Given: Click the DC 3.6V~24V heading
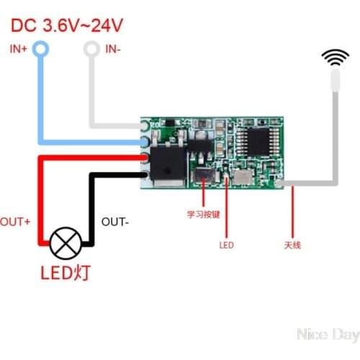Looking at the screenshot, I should tap(66, 26).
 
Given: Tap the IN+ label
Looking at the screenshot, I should tap(19, 49).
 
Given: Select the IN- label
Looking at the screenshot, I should tap(114, 49).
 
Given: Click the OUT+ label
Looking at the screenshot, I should tap(15, 221).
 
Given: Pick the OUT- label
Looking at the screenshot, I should tap(115, 221).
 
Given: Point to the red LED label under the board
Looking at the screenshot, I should tap(226, 245).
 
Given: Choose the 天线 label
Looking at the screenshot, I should tap(292, 245).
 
